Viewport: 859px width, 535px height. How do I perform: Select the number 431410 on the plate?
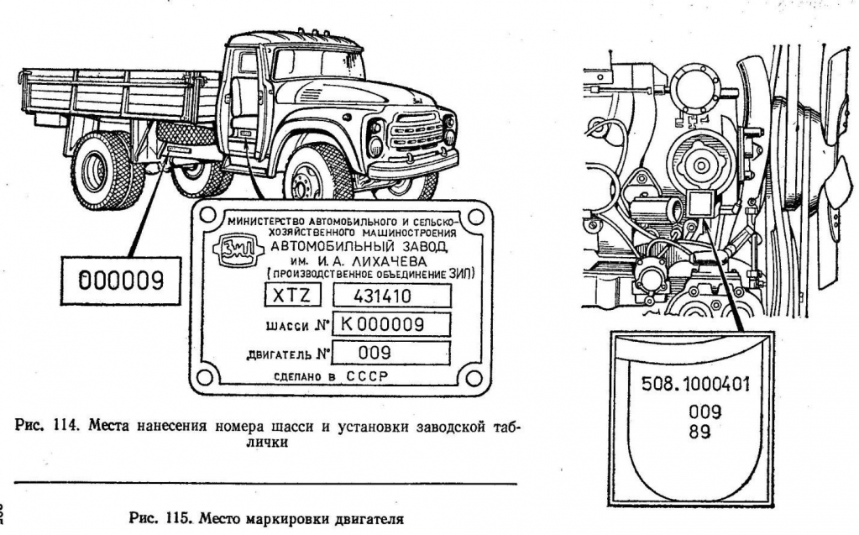tap(391, 296)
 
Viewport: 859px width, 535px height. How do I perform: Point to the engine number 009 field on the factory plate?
tap(391, 352)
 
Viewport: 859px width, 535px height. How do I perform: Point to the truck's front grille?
tap(413, 132)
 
